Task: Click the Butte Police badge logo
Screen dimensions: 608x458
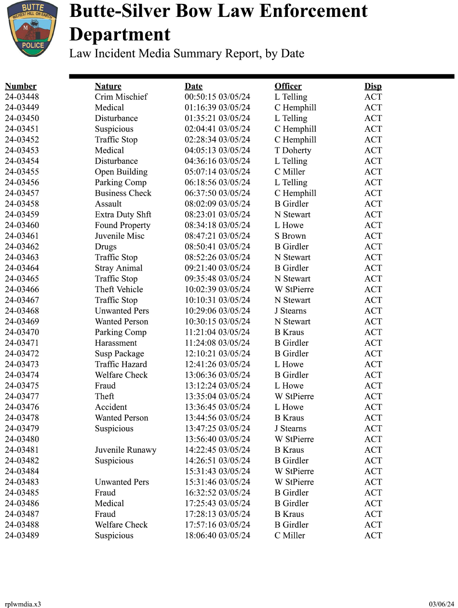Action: click(x=32, y=29)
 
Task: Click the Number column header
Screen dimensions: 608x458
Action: click(x=21, y=86)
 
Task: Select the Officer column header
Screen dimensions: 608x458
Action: click(x=288, y=86)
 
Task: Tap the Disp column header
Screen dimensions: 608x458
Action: click(x=373, y=86)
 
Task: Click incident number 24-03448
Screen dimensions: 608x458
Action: click(x=22, y=97)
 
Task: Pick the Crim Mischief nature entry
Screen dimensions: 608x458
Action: click(x=121, y=97)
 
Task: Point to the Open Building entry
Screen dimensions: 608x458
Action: click(x=121, y=172)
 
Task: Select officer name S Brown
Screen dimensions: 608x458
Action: click(x=290, y=236)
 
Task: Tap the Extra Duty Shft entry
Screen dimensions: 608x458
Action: click(x=123, y=215)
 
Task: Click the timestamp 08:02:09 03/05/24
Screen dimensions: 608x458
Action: click(x=217, y=204)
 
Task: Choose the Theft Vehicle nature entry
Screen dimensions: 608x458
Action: click(x=119, y=289)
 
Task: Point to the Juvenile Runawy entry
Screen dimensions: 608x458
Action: click(x=125, y=450)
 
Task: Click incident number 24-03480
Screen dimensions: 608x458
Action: click(x=22, y=439)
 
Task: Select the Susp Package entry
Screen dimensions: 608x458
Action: click(x=119, y=353)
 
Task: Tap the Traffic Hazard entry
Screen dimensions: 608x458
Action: click(x=121, y=364)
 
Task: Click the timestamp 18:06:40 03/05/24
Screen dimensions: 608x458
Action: click(x=217, y=535)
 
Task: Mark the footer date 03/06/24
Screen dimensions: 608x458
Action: click(x=441, y=604)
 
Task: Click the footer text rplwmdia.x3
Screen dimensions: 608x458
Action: click(x=23, y=604)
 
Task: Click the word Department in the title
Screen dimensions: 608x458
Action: click(x=120, y=35)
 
